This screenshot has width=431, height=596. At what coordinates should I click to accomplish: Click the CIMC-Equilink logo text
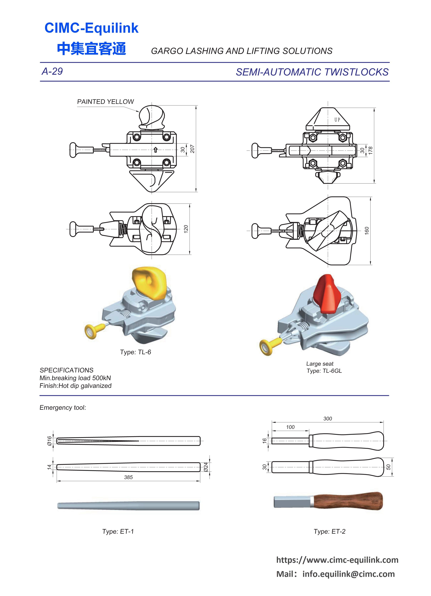pyautogui.click(x=91, y=28)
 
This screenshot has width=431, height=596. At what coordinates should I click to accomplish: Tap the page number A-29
pyautogui.click(x=52, y=72)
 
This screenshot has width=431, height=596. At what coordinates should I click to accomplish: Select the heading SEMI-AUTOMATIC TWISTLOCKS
pyautogui.click(x=312, y=72)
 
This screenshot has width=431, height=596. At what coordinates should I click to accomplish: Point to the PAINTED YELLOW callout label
pyautogui.click(x=105, y=102)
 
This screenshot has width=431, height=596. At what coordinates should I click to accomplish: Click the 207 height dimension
pyautogui.click(x=192, y=149)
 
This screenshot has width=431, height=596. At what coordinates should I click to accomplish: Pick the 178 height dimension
pyautogui.click(x=370, y=151)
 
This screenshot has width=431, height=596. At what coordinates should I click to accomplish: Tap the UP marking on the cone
pyautogui.click(x=337, y=120)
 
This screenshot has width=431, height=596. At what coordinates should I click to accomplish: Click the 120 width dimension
pyautogui.click(x=186, y=229)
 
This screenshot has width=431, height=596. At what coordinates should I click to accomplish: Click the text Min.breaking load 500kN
pyautogui.click(x=75, y=378)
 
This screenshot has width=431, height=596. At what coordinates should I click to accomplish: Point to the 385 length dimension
pyautogui.click(x=128, y=477)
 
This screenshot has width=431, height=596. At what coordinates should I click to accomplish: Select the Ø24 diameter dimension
pyautogui.click(x=206, y=467)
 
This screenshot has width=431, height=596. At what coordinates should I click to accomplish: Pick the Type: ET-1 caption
pyautogui.click(x=118, y=531)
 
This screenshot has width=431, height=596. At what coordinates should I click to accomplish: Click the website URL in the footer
pyautogui.click(x=337, y=560)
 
